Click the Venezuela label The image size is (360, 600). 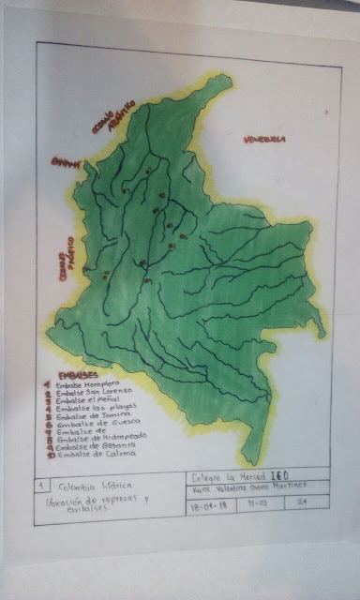tap(263, 141)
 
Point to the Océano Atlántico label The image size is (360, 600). tap(112, 115)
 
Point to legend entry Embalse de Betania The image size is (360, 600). tap(92, 445)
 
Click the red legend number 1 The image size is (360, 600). tap(46, 382)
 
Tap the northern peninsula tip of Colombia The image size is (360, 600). tap(221, 80)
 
